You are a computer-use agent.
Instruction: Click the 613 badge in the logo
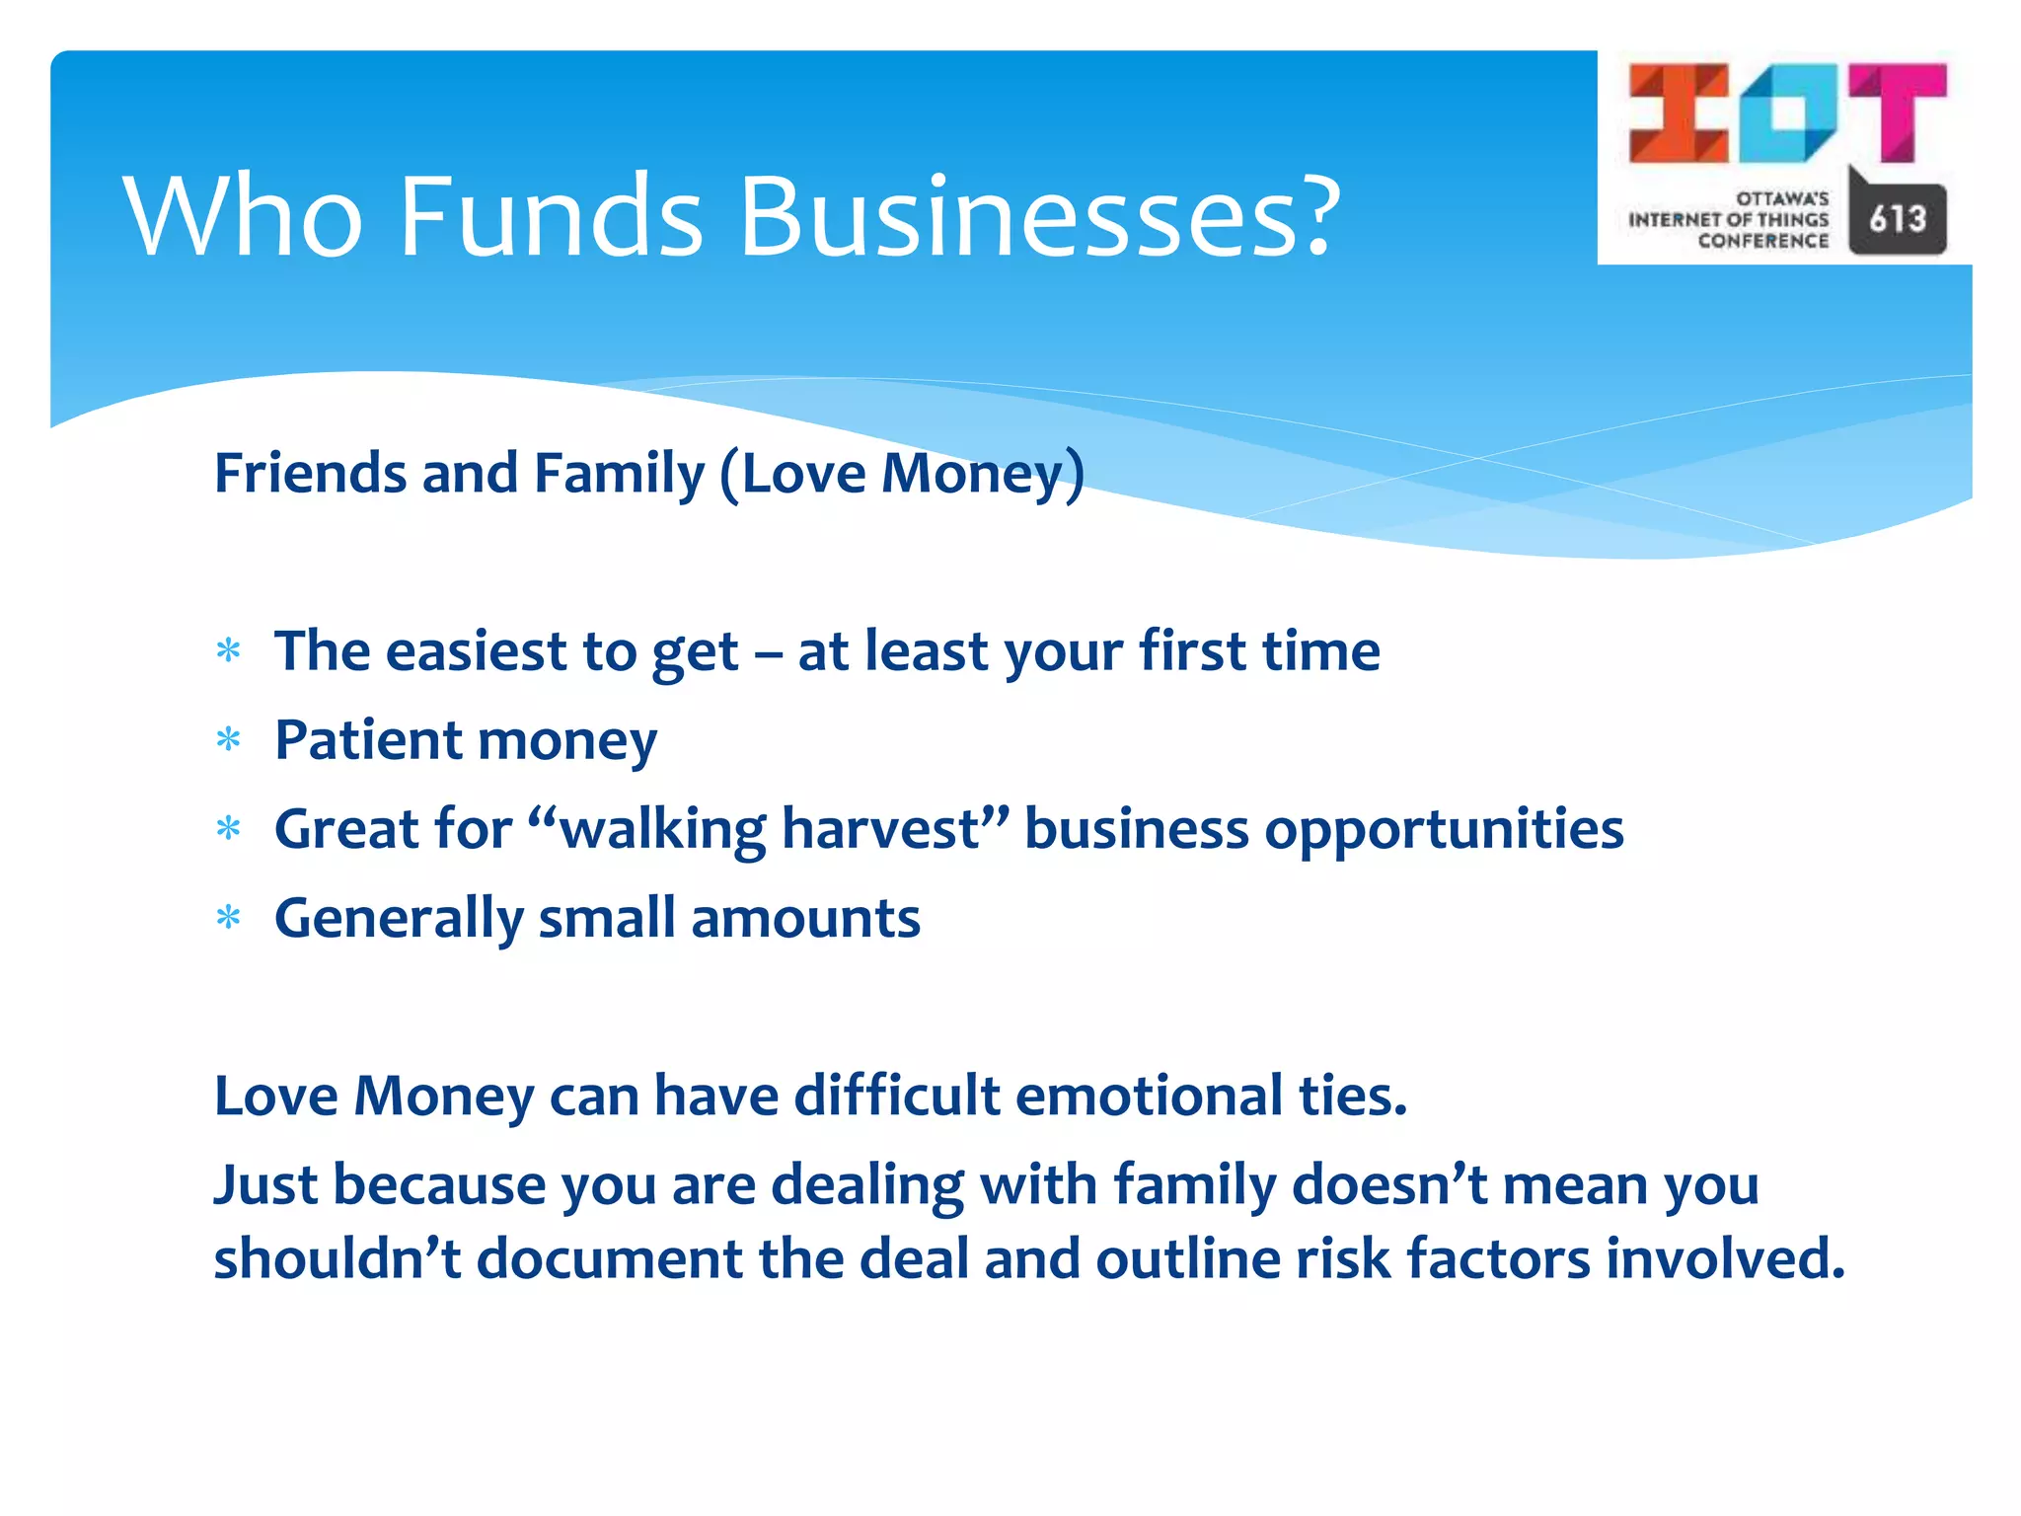click(1897, 218)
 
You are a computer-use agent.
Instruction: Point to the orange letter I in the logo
click(1679, 113)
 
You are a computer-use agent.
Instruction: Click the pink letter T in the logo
click(1898, 111)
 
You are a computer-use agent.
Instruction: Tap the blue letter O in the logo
click(1788, 113)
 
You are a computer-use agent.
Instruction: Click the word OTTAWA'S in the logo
click(1782, 198)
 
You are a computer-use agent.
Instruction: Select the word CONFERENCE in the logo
click(1762, 241)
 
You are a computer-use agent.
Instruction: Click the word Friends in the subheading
click(310, 473)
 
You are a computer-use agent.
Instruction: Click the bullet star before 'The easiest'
click(228, 651)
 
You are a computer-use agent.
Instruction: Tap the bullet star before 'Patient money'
click(228, 740)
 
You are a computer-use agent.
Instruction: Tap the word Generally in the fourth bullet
click(399, 919)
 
